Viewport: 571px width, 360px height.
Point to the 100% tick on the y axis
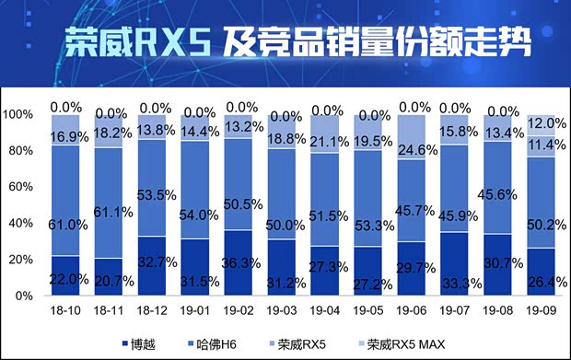(18, 115)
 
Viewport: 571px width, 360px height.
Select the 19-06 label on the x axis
(414, 313)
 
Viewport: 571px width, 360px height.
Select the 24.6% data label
(416, 149)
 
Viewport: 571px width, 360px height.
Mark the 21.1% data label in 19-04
(329, 141)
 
